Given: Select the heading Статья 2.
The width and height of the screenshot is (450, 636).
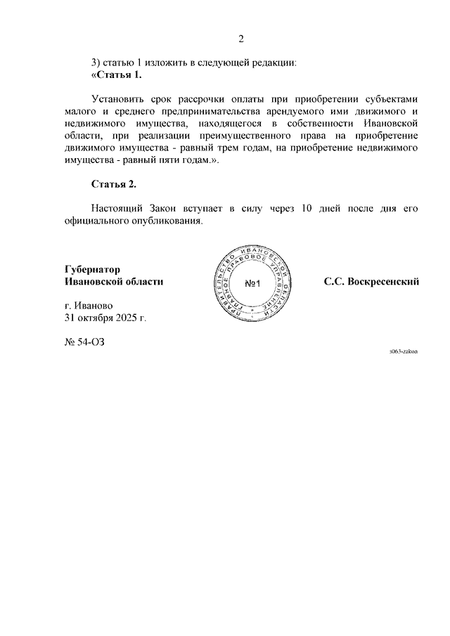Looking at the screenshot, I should click(x=114, y=184).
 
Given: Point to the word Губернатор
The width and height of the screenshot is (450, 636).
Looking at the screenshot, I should click(x=91, y=269).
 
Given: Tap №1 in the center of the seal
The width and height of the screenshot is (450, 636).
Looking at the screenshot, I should click(x=253, y=283).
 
